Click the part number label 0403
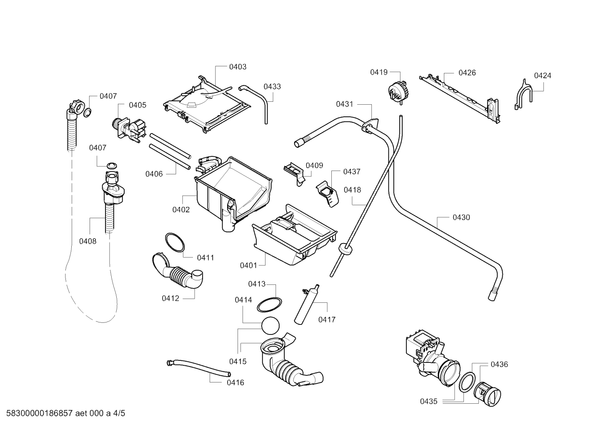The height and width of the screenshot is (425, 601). pyautogui.click(x=238, y=67)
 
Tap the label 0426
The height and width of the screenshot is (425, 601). pyautogui.click(x=467, y=73)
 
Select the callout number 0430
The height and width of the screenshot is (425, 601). pyautogui.click(x=461, y=217)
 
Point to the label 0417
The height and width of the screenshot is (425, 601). pyautogui.click(x=327, y=320)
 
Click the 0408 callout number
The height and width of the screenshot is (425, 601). pyautogui.click(x=88, y=241)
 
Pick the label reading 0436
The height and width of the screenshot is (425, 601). pyautogui.click(x=499, y=365)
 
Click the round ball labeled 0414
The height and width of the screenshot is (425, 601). pyautogui.click(x=270, y=326)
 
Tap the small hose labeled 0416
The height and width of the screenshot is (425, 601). pyautogui.click(x=198, y=367)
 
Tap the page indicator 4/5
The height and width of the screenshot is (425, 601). pyautogui.click(x=119, y=413)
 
